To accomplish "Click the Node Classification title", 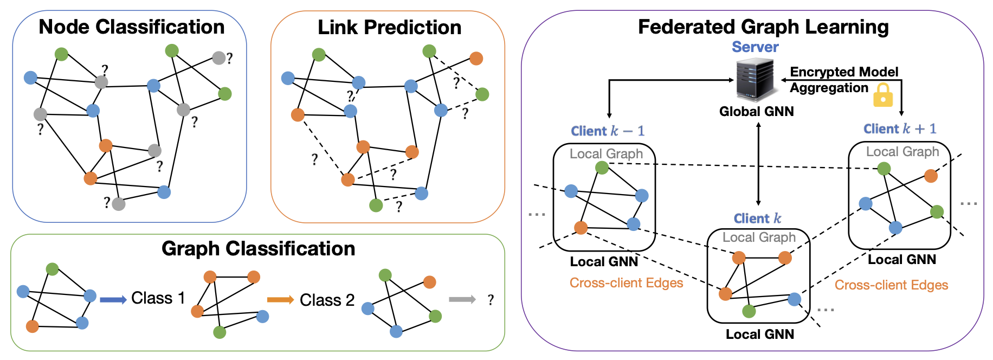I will point(131,27).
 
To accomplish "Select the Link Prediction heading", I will point(389,27).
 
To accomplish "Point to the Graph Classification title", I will point(258,248).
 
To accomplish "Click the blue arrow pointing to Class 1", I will point(113,299).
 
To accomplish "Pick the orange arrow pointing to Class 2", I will point(280,299).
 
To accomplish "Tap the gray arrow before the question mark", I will point(462,299).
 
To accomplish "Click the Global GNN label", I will point(756,112).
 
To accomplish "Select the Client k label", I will point(757,218).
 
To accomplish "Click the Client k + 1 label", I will point(900,129).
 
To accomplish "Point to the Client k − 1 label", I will point(607,131).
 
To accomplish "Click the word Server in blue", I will point(755,47).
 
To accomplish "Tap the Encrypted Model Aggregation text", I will point(843,80).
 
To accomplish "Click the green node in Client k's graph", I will point(749,311).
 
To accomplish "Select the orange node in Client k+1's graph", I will point(931,176).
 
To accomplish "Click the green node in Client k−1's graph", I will point(602,168).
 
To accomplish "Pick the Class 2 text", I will point(327,300).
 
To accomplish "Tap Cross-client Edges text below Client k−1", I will point(626,283).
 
